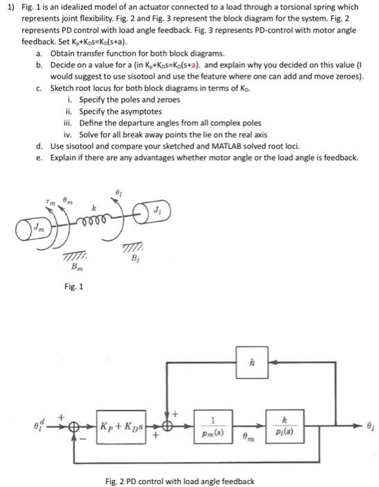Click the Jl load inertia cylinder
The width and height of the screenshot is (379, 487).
[x=157, y=211]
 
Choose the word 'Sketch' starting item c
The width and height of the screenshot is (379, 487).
[x=63, y=89]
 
